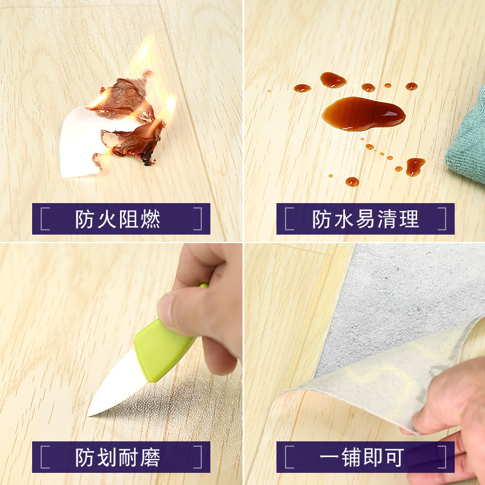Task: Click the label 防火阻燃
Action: [118, 219]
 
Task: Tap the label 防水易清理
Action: [366, 219]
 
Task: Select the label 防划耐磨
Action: [118, 457]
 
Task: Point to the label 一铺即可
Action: [364, 457]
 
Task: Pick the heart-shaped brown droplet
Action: [415, 166]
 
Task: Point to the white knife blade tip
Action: [90, 414]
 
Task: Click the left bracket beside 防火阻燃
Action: [44, 219]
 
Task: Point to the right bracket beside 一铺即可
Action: [443, 457]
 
